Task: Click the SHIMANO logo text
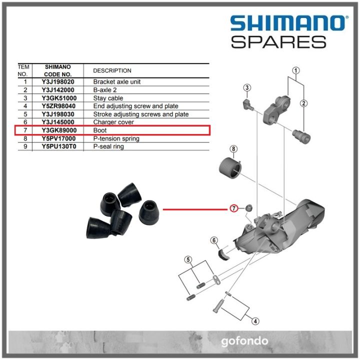(x=287, y=23)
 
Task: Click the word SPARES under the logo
(x=278, y=41)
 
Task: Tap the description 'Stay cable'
(x=108, y=98)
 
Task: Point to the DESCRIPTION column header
(x=112, y=70)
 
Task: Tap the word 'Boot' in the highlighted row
(x=100, y=130)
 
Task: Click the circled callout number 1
(x=296, y=70)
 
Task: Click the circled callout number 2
(x=303, y=103)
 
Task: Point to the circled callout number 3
(x=247, y=88)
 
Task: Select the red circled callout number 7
(x=233, y=208)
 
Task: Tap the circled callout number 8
(x=233, y=149)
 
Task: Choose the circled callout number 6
(x=214, y=241)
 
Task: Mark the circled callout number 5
(x=188, y=259)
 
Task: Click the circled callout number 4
(x=254, y=321)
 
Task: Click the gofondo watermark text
(x=244, y=342)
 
